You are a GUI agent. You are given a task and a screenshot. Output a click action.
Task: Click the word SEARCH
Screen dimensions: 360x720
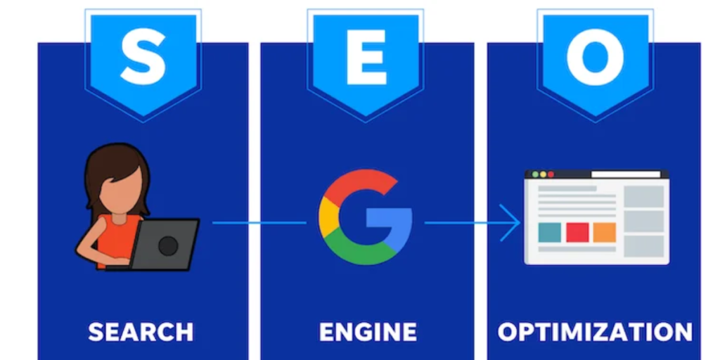(x=141, y=331)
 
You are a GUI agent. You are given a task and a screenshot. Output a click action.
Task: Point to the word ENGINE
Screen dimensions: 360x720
(x=367, y=331)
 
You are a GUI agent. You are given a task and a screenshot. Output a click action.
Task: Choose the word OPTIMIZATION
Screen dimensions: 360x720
(x=595, y=331)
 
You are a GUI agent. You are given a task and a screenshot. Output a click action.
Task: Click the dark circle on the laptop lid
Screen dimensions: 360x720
(x=167, y=245)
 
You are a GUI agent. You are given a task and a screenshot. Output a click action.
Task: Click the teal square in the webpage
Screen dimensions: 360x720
(x=549, y=233)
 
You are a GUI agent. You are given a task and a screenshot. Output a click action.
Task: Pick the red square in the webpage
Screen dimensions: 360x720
(x=577, y=233)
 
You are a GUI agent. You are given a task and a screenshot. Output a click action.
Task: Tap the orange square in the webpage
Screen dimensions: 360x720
(x=604, y=233)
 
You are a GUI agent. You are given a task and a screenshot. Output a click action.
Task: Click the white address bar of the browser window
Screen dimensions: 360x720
(x=626, y=174)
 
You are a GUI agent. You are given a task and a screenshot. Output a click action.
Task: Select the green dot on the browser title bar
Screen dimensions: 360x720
(x=534, y=174)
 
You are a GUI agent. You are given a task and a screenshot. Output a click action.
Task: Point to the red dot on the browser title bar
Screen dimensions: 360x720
(x=551, y=174)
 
